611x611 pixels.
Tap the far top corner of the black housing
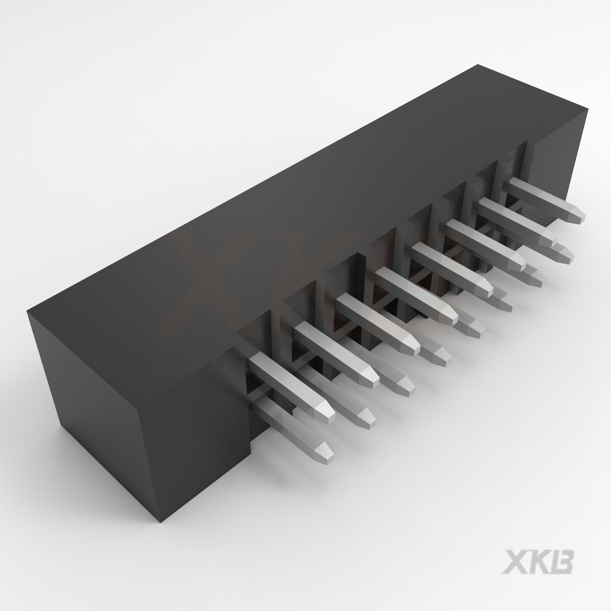click(477, 65)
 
